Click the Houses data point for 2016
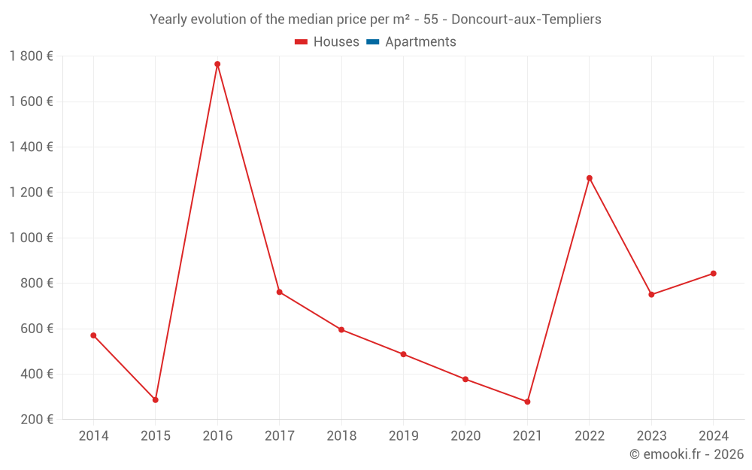[217, 64]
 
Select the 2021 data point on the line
[527, 402]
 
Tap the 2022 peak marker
[590, 178]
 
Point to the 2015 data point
[156, 400]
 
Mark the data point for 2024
[713, 274]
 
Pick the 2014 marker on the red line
[93, 335]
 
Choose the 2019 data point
[403, 354]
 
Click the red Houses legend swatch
[302, 42]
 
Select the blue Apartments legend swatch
[373, 42]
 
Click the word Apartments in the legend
[420, 42]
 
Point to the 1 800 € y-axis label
[31, 56]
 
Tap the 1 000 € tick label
[31, 238]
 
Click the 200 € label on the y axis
[36, 420]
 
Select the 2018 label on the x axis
[341, 436]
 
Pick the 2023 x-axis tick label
[651, 436]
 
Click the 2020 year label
[465, 436]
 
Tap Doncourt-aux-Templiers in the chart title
[526, 20]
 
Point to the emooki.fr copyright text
[687, 454]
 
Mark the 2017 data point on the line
[279, 292]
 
